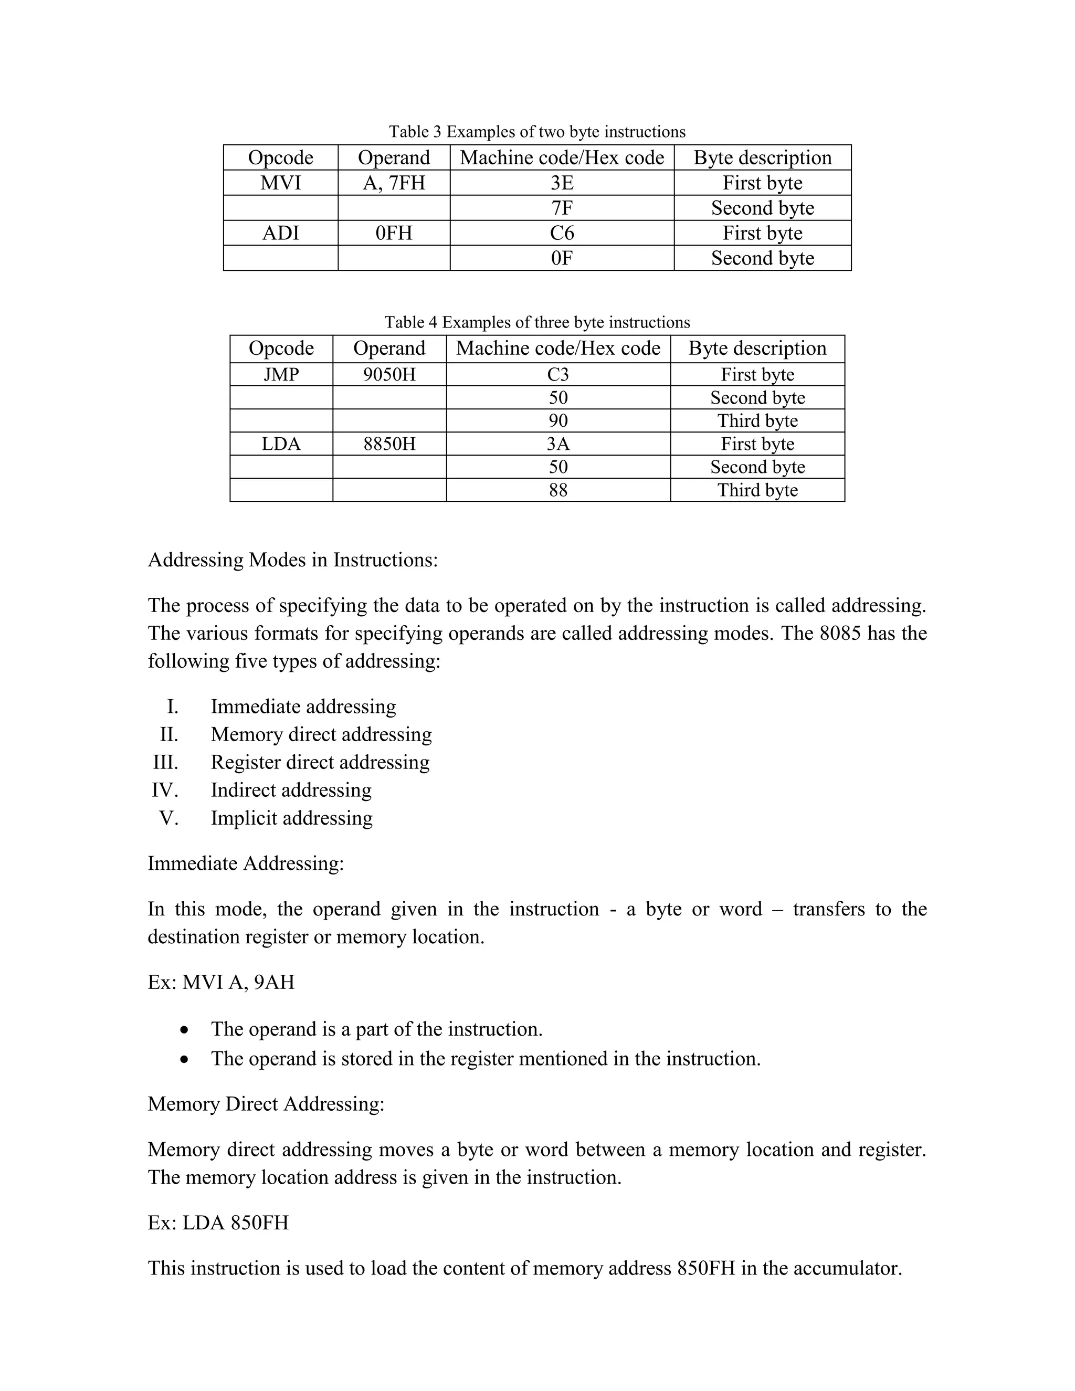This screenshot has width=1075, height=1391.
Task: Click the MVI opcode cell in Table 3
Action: [x=280, y=183]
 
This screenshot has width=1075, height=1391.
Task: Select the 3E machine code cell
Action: [x=562, y=183]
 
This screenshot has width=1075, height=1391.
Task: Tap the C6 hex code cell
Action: [x=562, y=233]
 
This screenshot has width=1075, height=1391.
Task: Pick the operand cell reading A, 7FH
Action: [x=394, y=183]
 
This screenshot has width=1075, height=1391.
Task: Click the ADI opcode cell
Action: [x=280, y=233]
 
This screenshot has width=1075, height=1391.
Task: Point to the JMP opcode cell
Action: [x=281, y=374]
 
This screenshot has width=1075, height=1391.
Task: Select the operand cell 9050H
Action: [x=389, y=374]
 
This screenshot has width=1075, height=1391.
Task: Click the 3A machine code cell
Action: [x=558, y=444]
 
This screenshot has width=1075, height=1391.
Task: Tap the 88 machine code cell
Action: [x=558, y=490]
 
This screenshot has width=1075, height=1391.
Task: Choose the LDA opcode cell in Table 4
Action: [x=281, y=444]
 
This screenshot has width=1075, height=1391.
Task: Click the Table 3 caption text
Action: [x=537, y=132]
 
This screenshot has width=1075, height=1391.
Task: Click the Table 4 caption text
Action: [x=537, y=322]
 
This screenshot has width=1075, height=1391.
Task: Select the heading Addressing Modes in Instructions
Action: [x=293, y=560]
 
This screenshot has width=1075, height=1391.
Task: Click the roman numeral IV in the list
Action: [x=164, y=791]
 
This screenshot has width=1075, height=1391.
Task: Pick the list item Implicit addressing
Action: [x=292, y=818]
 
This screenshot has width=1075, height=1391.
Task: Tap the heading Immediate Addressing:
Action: [x=246, y=863]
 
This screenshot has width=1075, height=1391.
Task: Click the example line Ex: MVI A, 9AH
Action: [x=221, y=982]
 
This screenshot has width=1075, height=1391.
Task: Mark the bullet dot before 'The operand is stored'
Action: [x=184, y=1060]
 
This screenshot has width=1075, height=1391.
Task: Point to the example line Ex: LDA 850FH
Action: [x=218, y=1223]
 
